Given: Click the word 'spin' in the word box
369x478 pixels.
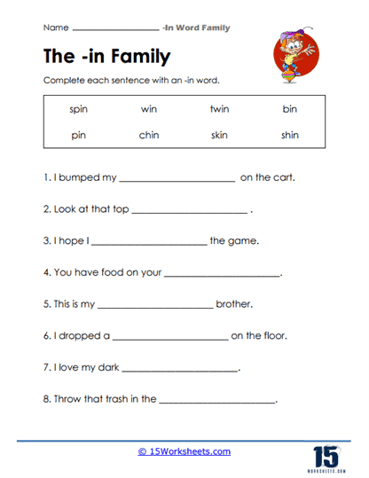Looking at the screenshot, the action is [79, 110].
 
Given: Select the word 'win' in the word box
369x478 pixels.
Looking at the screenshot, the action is [148, 110].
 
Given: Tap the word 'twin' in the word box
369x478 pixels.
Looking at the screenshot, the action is [218, 110].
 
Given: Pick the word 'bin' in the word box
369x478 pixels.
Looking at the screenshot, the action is [289, 110].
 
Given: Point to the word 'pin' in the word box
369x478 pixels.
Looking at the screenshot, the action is [79, 136].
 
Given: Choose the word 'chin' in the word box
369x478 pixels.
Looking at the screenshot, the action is [148, 136].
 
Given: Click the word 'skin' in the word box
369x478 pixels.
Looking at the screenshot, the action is [218, 136].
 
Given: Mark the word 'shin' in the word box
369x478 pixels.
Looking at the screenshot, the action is [289, 136].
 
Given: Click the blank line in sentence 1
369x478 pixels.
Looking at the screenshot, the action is [177, 179].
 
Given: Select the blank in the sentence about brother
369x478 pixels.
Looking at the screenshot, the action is [154, 306].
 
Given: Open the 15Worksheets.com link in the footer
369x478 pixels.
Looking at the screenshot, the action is [184, 451].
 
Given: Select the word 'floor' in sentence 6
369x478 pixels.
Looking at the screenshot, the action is [276, 336].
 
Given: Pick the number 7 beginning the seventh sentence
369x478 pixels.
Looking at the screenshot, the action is [45, 368].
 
